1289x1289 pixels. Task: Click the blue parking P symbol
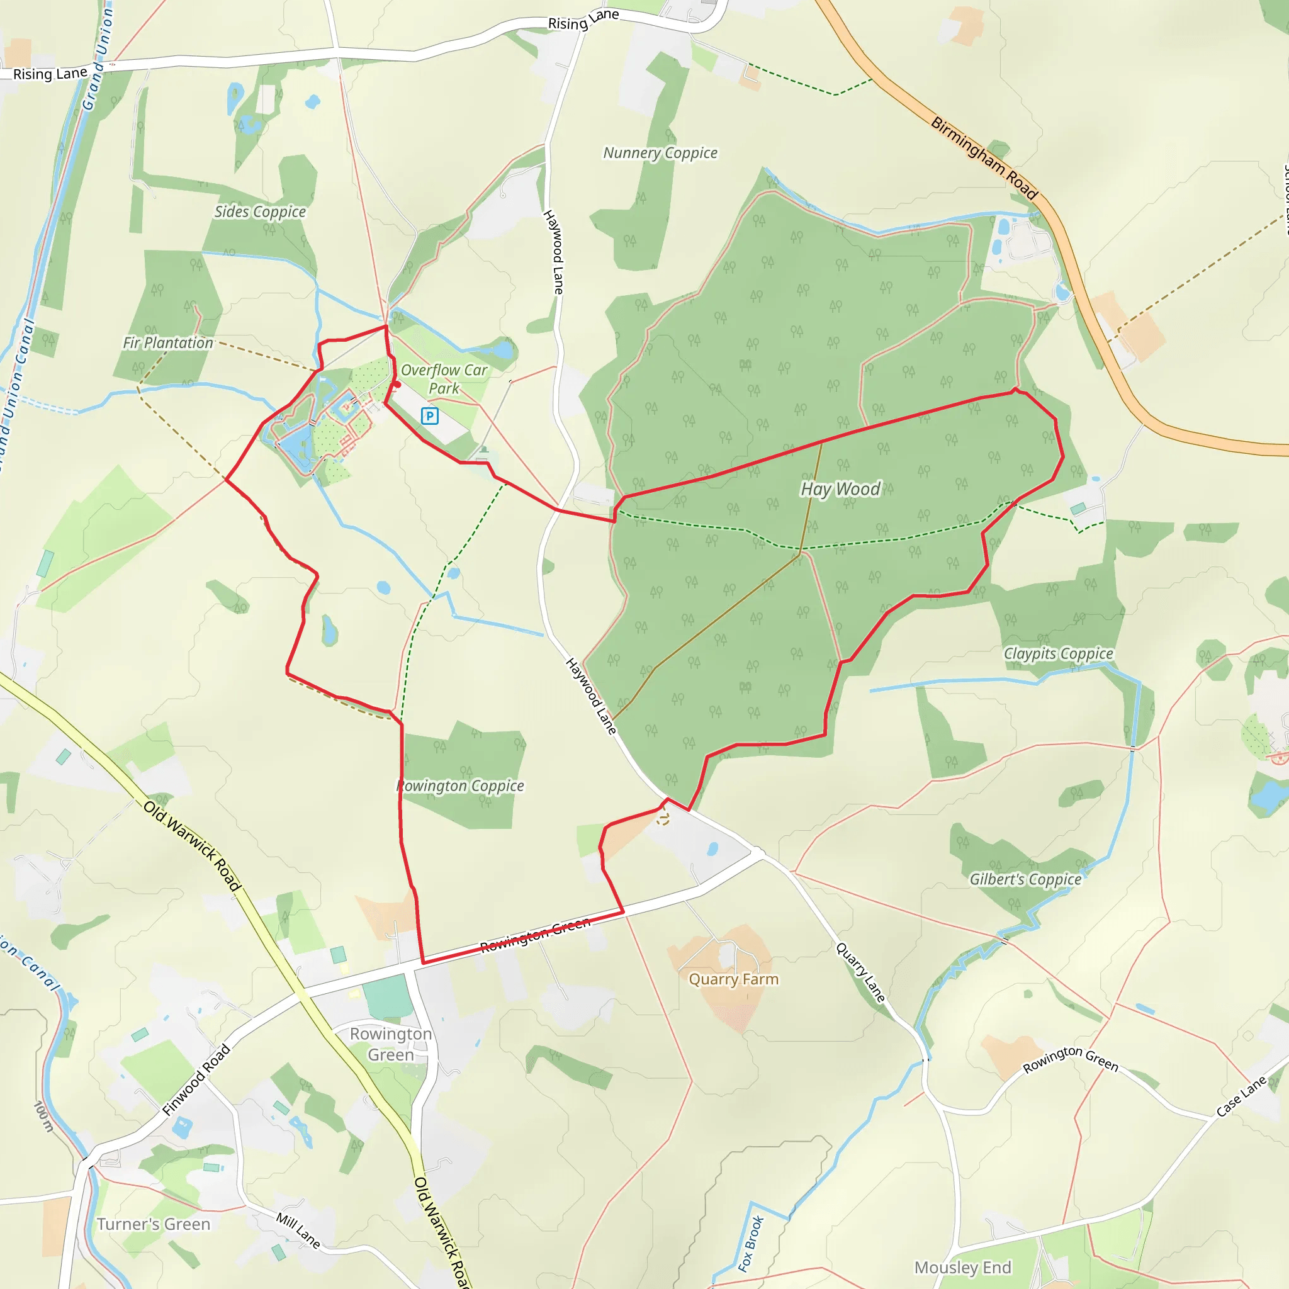(430, 416)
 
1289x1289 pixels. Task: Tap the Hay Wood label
(840, 489)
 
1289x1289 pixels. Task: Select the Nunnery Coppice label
(660, 153)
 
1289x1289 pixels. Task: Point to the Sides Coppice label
(259, 211)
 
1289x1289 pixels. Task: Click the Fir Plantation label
(167, 342)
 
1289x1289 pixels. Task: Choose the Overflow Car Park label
(444, 379)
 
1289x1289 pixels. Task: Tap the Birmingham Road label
(984, 159)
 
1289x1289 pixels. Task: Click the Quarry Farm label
(733, 979)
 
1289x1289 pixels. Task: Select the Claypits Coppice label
(1058, 653)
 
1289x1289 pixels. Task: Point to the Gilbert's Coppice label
(1025, 879)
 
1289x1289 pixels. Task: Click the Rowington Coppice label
(460, 785)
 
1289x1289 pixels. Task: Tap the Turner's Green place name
(154, 1224)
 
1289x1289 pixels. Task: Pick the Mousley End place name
(962, 1267)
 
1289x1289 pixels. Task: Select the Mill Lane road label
(298, 1230)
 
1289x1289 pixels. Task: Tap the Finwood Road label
(196, 1079)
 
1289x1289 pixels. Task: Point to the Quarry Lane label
(860, 972)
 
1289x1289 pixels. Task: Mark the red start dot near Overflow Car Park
(397, 385)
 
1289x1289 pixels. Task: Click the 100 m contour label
(43, 1116)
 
